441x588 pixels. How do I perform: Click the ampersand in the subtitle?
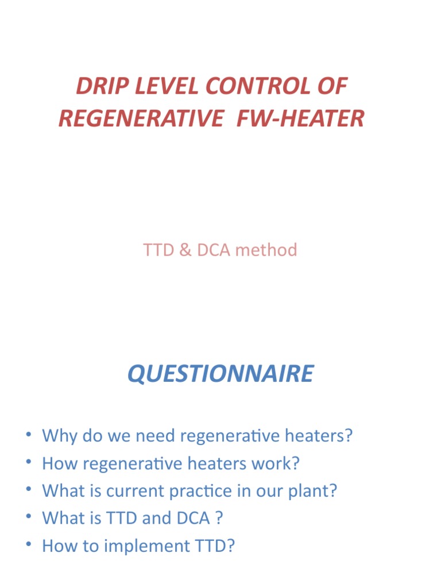pyautogui.click(x=184, y=250)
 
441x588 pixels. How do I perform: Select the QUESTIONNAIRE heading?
pyautogui.click(x=220, y=374)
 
